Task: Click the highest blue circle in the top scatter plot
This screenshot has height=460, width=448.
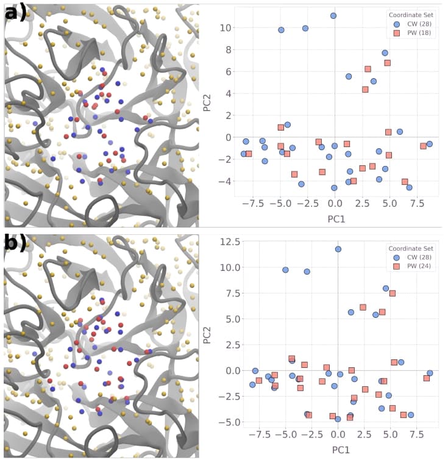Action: [x=333, y=16]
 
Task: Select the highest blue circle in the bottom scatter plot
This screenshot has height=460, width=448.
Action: [x=338, y=249]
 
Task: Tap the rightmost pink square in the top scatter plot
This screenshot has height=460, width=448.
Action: [x=423, y=146]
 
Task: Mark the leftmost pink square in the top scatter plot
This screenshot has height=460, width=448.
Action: [x=249, y=154]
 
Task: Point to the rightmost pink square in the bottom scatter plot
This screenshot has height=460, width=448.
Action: [x=427, y=378]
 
